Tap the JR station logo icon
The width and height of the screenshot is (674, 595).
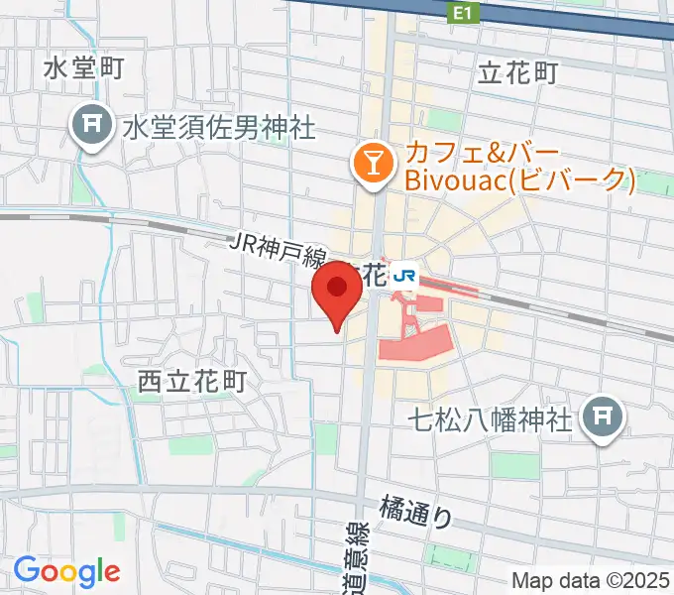(404, 273)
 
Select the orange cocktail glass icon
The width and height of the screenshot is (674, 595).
(374, 163)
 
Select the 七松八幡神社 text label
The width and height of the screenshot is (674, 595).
(492, 420)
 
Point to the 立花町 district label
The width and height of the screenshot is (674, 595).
(518, 72)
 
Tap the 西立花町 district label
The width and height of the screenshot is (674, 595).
(190, 380)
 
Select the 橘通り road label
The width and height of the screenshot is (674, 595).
(416, 512)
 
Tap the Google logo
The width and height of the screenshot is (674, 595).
(66, 571)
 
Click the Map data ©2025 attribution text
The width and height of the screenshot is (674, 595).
(589, 581)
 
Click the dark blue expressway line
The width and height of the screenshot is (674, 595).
(555, 16)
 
